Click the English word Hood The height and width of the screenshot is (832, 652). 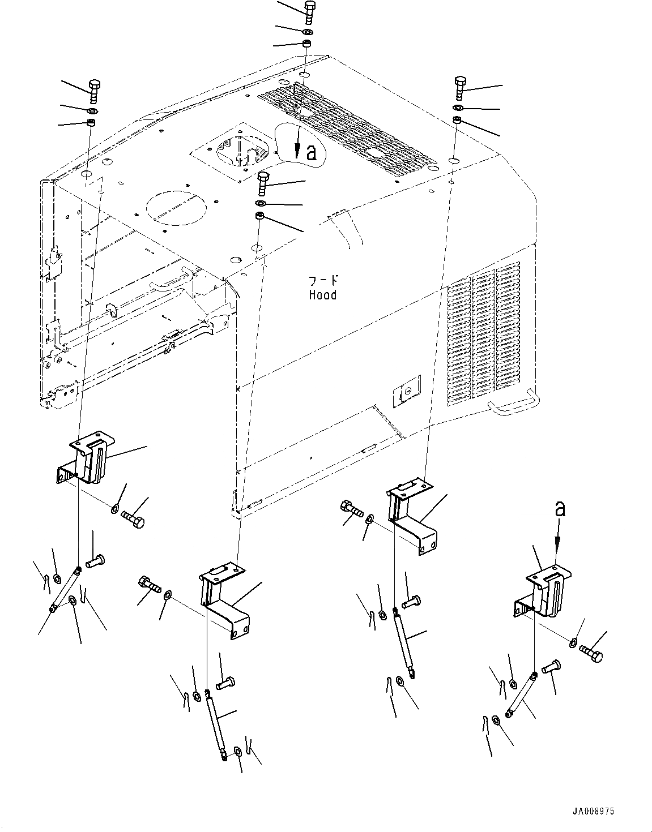(322, 295)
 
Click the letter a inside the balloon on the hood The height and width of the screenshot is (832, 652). (312, 152)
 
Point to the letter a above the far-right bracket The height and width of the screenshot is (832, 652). (560, 509)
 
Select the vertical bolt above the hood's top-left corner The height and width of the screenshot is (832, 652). (93, 91)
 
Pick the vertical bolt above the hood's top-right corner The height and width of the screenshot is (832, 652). (459, 87)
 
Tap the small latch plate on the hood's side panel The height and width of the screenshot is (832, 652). (407, 391)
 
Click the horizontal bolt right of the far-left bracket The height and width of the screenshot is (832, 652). (133, 519)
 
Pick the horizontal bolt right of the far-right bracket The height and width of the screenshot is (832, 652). (591, 654)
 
